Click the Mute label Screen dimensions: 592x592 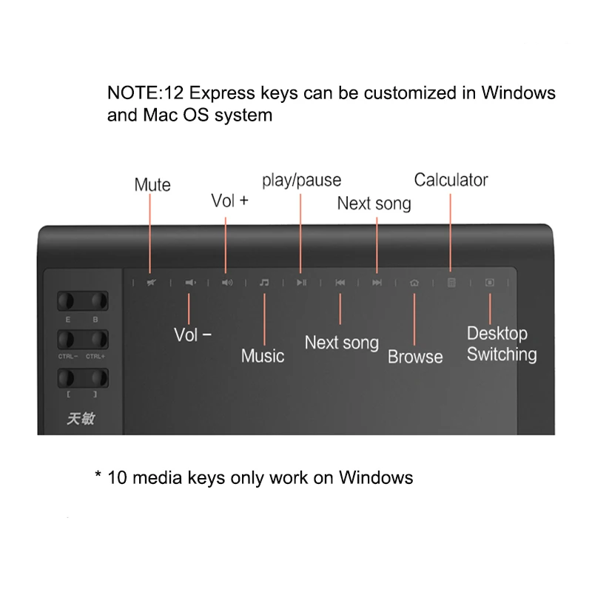[x=152, y=185]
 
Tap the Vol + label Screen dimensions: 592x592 [x=229, y=201]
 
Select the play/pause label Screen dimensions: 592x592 [x=301, y=180]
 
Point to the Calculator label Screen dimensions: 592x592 [x=451, y=180]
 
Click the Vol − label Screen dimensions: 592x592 [x=192, y=334]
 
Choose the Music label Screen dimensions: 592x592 [x=263, y=356]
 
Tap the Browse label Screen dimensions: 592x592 [x=415, y=357]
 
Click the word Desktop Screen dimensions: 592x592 [x=497, y=334]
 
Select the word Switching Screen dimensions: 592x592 [x=502, y=354]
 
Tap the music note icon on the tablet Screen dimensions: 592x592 [x=264, y=283]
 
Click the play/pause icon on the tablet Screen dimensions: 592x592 [x=301, y=283]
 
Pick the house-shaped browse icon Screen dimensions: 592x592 [x=414, y=283]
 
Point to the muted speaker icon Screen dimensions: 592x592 [x=151, y=283]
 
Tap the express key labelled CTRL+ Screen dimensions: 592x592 [x=96, y=340]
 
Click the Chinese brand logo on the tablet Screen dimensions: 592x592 [x=81, y=419]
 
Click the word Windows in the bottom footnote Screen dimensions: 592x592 [x=376, y=477]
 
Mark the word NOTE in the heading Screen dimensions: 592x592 [x=130, y=94]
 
